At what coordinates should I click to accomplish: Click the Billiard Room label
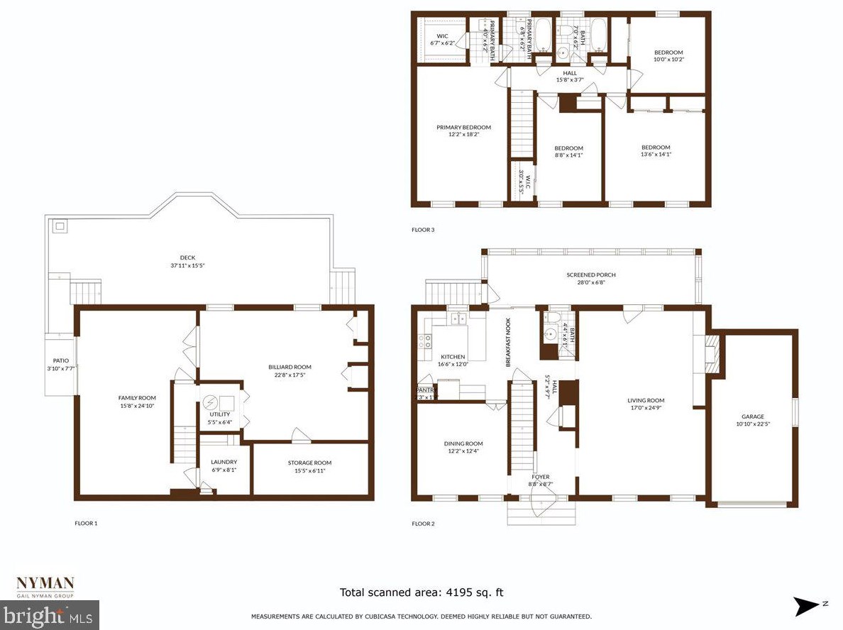[x=290, y=367]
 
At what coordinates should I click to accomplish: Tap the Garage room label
[x=753, y=416]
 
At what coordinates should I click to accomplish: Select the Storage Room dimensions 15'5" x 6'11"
[x=309, y=471]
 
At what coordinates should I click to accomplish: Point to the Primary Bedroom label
[x=463, y=128]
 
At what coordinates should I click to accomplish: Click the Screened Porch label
[x=590, y=275]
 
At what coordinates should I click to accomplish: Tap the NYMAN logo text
[x=45, y=584]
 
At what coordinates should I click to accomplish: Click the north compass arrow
[x=808, y=605]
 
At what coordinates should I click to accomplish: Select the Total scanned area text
[x=421, y=592]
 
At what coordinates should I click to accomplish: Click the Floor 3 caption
[x=423, y=230]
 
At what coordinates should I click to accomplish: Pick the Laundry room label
[x=224, y=462]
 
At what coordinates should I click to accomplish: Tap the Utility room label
[x=219, y=414]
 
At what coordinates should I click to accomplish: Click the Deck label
[x=187, y=258]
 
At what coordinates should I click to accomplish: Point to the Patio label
[x=60, y=360]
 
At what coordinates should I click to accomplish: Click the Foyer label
[x=540, y=477]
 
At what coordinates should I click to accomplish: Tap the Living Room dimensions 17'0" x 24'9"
[x=646, y=409]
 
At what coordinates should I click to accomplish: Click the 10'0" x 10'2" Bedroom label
[x=668, y=52]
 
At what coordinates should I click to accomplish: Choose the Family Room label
[x=137, y=397]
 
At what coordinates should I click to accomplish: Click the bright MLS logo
[x=49, y=615]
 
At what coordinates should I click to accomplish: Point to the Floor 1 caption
[x=86, y=524]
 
